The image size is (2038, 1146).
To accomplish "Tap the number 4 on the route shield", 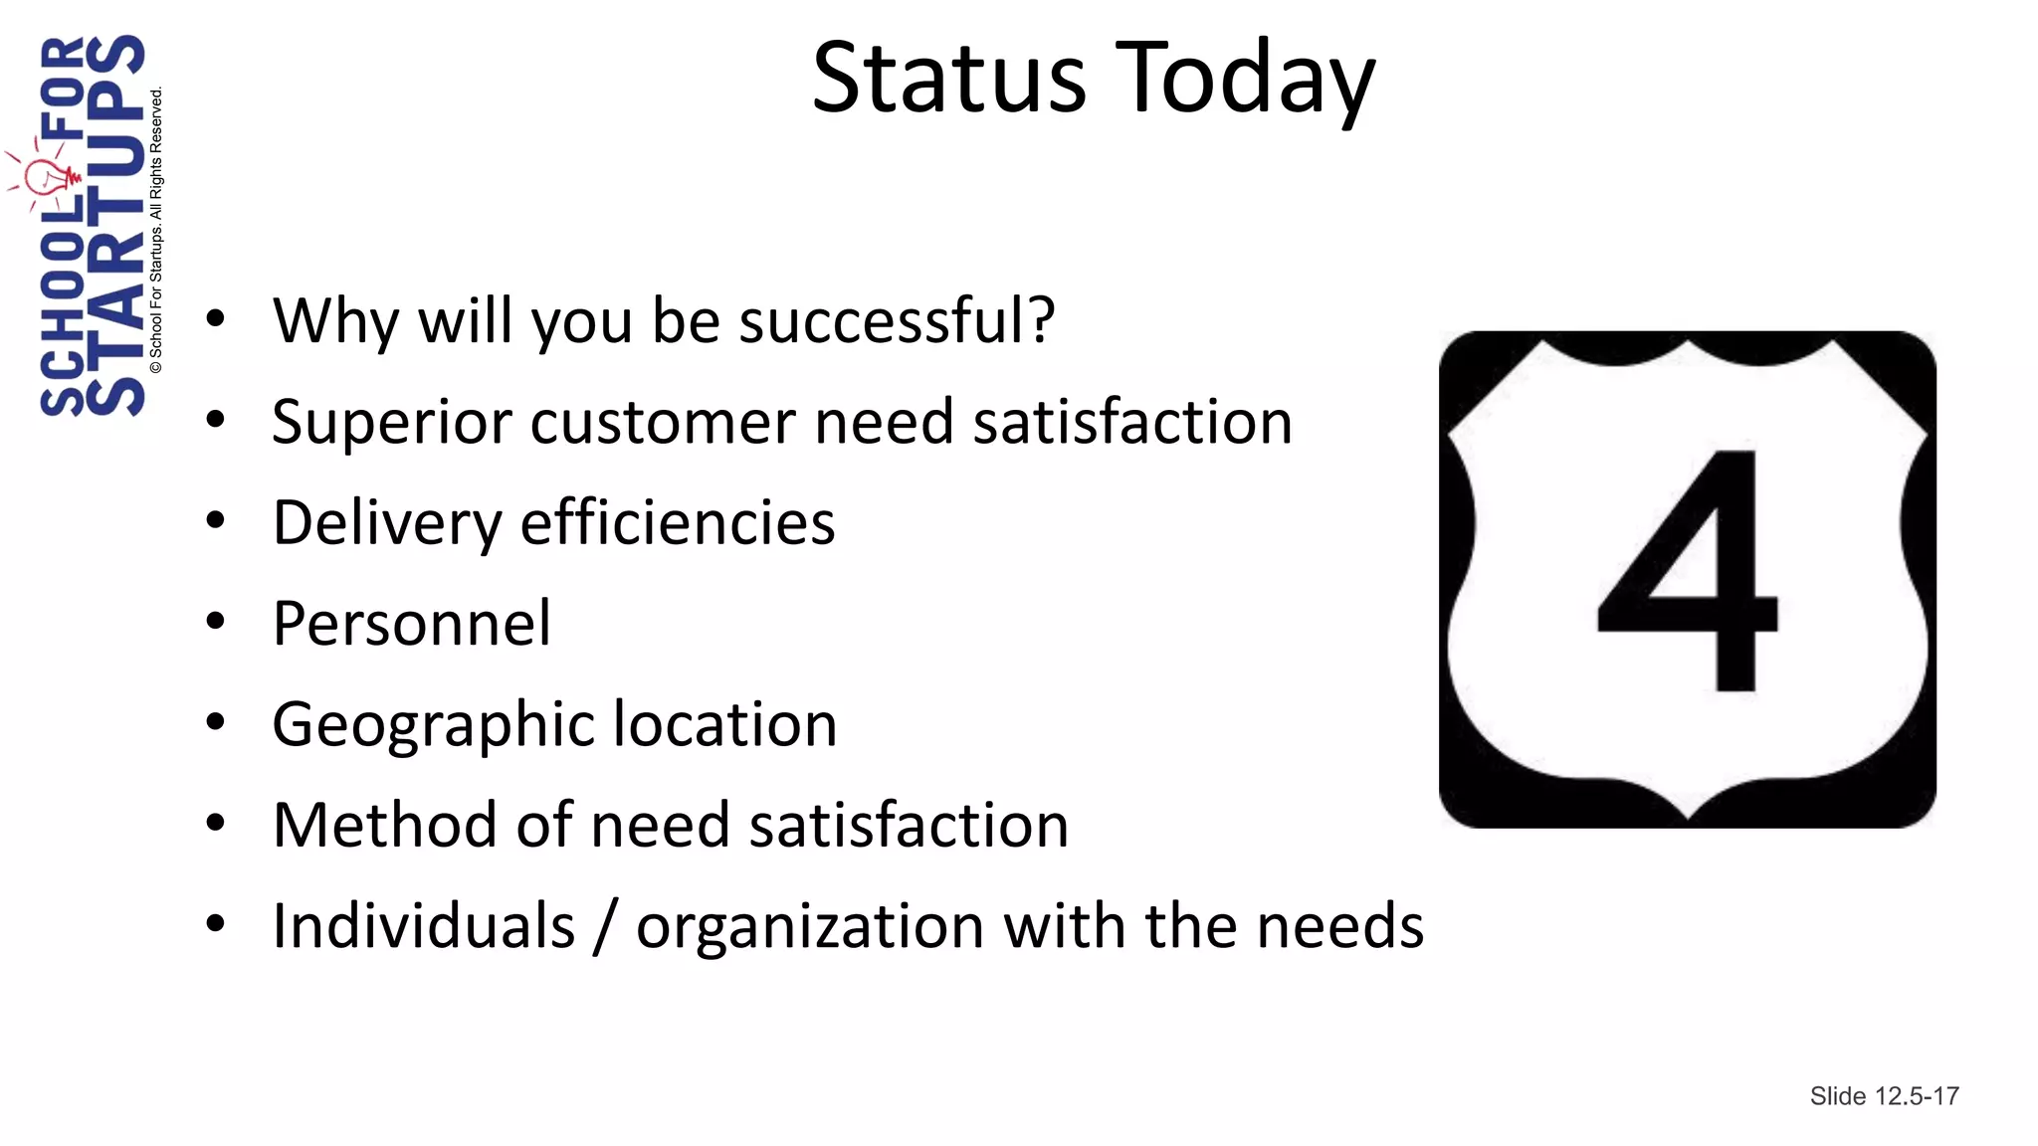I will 1690,571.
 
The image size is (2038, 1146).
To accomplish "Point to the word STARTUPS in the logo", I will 115,225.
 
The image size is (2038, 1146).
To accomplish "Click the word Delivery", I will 386,524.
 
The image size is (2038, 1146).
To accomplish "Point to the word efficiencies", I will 678,522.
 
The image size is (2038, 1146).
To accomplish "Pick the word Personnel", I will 411,624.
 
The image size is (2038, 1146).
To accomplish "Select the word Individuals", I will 424,926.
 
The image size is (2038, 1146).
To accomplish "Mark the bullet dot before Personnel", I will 215,622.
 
